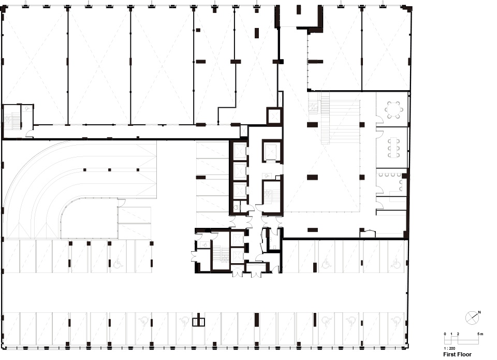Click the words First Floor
tap(457, 354)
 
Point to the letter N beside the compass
tap(479, 312)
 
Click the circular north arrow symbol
tap(472, 318)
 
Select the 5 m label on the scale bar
tap(480, 334)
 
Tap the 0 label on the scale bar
tap(445, 334)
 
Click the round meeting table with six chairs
tap(394, 110)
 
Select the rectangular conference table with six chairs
tap(393, 148)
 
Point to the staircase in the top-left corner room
tap(12, 121)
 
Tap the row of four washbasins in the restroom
tap(390, 175)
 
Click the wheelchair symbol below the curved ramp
tap(118, 263)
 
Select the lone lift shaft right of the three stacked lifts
tap(272, 151)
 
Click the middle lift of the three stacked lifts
tap(239, 171)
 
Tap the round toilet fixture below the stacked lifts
tap(236, 208)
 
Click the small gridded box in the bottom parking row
tap(199, 322)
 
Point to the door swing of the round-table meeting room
tap(379, 120)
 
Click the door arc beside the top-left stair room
tap(29, 134)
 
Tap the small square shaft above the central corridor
tap(274, 116)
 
